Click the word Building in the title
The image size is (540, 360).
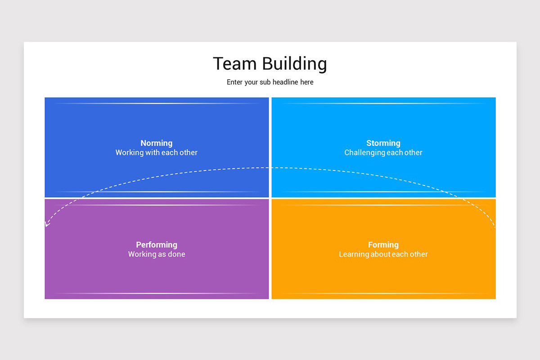pos(295,64)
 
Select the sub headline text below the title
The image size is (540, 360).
pos(270,82)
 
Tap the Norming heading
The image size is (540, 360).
pos(157,143)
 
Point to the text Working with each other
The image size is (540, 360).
pos(157,153)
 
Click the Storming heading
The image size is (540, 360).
pos(383,143)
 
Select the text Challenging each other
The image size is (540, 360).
pos(383,153)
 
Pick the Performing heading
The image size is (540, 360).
pos(157,245)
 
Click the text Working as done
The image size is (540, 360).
pos(157,254)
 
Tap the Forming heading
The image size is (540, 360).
pos(383,245)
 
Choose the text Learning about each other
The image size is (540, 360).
pos(383,254)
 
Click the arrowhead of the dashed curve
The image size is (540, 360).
pos(47,224)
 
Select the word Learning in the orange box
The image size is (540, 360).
pos(354,254)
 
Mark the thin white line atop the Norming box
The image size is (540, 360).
pos(157,103)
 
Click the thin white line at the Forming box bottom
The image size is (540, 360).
pos(383,294)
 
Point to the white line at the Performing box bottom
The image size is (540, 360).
pos(157,294)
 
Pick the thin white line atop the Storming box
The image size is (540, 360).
pos(383,103)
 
